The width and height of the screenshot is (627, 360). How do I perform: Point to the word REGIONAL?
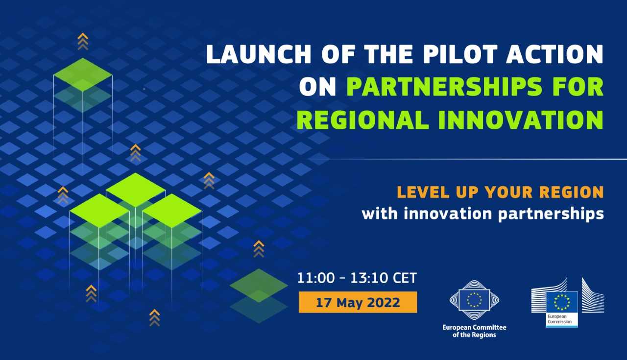pyautogui.click(x=362, y=120)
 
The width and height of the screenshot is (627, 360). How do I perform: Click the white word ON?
pyautogui.click(x=317, y=87)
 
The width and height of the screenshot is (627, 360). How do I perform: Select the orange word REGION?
pyautogui.click(x=572, y=192)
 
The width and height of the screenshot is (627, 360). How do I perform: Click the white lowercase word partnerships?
pyautogui.click(x=551, y=214)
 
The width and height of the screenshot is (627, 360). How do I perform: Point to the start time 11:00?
pyautogui.click(x=316, y=278)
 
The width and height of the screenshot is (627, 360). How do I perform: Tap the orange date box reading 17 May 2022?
pyautogui.click(x=358, y=302)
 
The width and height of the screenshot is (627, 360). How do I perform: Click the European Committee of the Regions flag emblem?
pyautogui.click(x=474, y=300)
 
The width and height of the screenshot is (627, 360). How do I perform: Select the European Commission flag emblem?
pyautogui.click(x=562, y=302)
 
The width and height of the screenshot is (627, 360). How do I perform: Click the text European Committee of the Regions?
pyautogui.click(x=474, y=331)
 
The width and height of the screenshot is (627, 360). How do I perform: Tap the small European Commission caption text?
pyautogui.click(x=559, y=319)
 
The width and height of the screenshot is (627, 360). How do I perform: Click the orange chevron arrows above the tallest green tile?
pyautogui.click(x=83, y=42)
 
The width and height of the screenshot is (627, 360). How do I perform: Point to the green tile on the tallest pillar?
pyautogui.click(x=83, y=74)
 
